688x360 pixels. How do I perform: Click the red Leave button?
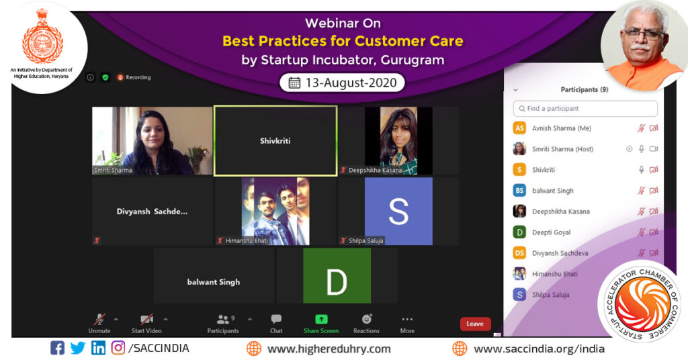tap(475, 324)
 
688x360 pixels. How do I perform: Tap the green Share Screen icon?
tap(321, 320)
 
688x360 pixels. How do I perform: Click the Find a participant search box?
tap(585, 108)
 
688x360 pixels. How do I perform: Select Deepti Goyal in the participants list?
tap(551, 232)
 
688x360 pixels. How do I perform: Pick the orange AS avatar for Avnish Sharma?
tap(519, 128)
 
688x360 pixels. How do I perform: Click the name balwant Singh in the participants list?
tap(552, 191)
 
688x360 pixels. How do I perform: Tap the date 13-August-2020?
tap(343, 83)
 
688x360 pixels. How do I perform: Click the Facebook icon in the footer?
tap(58, 348)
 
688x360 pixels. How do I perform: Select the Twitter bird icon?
tap(78, 348)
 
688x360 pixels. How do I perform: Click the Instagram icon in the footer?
tap(118, 348)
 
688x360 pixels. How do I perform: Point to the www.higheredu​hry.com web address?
tap(329, 349)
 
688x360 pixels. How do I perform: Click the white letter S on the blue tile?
tap(398, 212)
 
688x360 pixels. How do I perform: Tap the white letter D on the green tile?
tap(337, 282)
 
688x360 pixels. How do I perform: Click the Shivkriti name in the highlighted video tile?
tap(275, 141)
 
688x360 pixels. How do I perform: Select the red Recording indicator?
tap(134, 77)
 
